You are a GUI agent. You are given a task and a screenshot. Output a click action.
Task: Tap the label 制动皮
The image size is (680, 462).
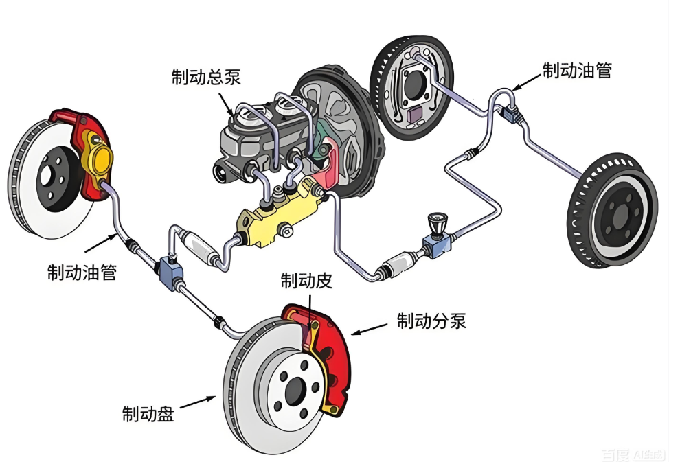[x=306, y=280]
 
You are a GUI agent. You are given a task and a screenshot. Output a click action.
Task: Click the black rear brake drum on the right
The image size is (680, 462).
[x=611, y=211]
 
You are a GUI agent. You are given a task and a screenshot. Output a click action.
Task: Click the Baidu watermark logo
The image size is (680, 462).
[x=632, y=454]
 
